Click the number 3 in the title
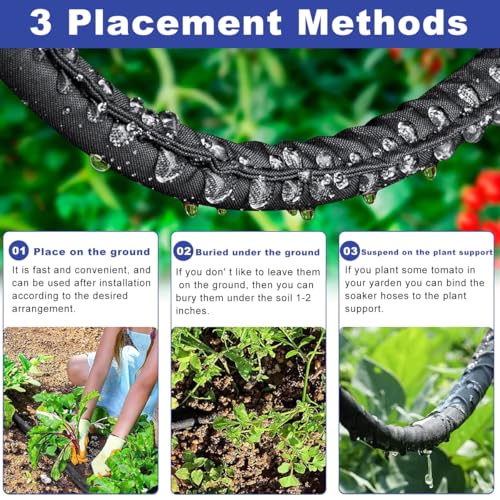[41, 22]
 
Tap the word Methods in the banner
[383, 22]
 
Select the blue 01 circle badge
[19, 250]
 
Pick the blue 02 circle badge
[183, 251]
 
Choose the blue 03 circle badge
[350, 251]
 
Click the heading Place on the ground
[92, 252]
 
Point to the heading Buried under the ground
[258, 252]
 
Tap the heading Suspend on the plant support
[427, 252]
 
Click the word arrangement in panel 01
[43, 309]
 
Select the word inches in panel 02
[192, 311]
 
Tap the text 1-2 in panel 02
[303, 298]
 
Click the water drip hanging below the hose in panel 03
[428, 467]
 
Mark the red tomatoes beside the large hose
[479, 202]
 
